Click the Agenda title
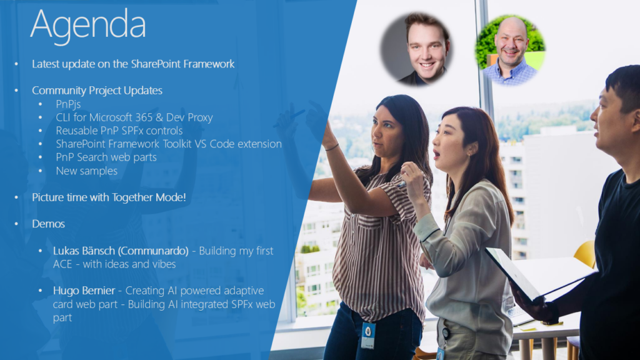pos(87,25)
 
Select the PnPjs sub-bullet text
pos(68,104)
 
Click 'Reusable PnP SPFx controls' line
pos(119,131)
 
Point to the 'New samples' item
pos(86,171)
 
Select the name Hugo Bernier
pos(84,291)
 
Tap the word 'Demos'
pos(49,224)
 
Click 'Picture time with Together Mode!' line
pos(109,197)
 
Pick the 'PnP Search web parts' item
pos(106,157)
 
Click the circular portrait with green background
pos(510,50)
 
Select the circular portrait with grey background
pos(416,49)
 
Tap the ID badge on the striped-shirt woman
pos(368,335)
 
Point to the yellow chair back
pos(586,254)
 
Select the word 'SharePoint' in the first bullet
pos(156,64)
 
